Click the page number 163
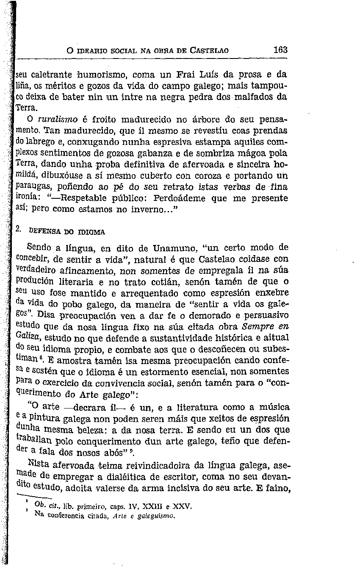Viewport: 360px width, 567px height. click(280, 50)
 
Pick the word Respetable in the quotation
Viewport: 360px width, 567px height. click(81, 198)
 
